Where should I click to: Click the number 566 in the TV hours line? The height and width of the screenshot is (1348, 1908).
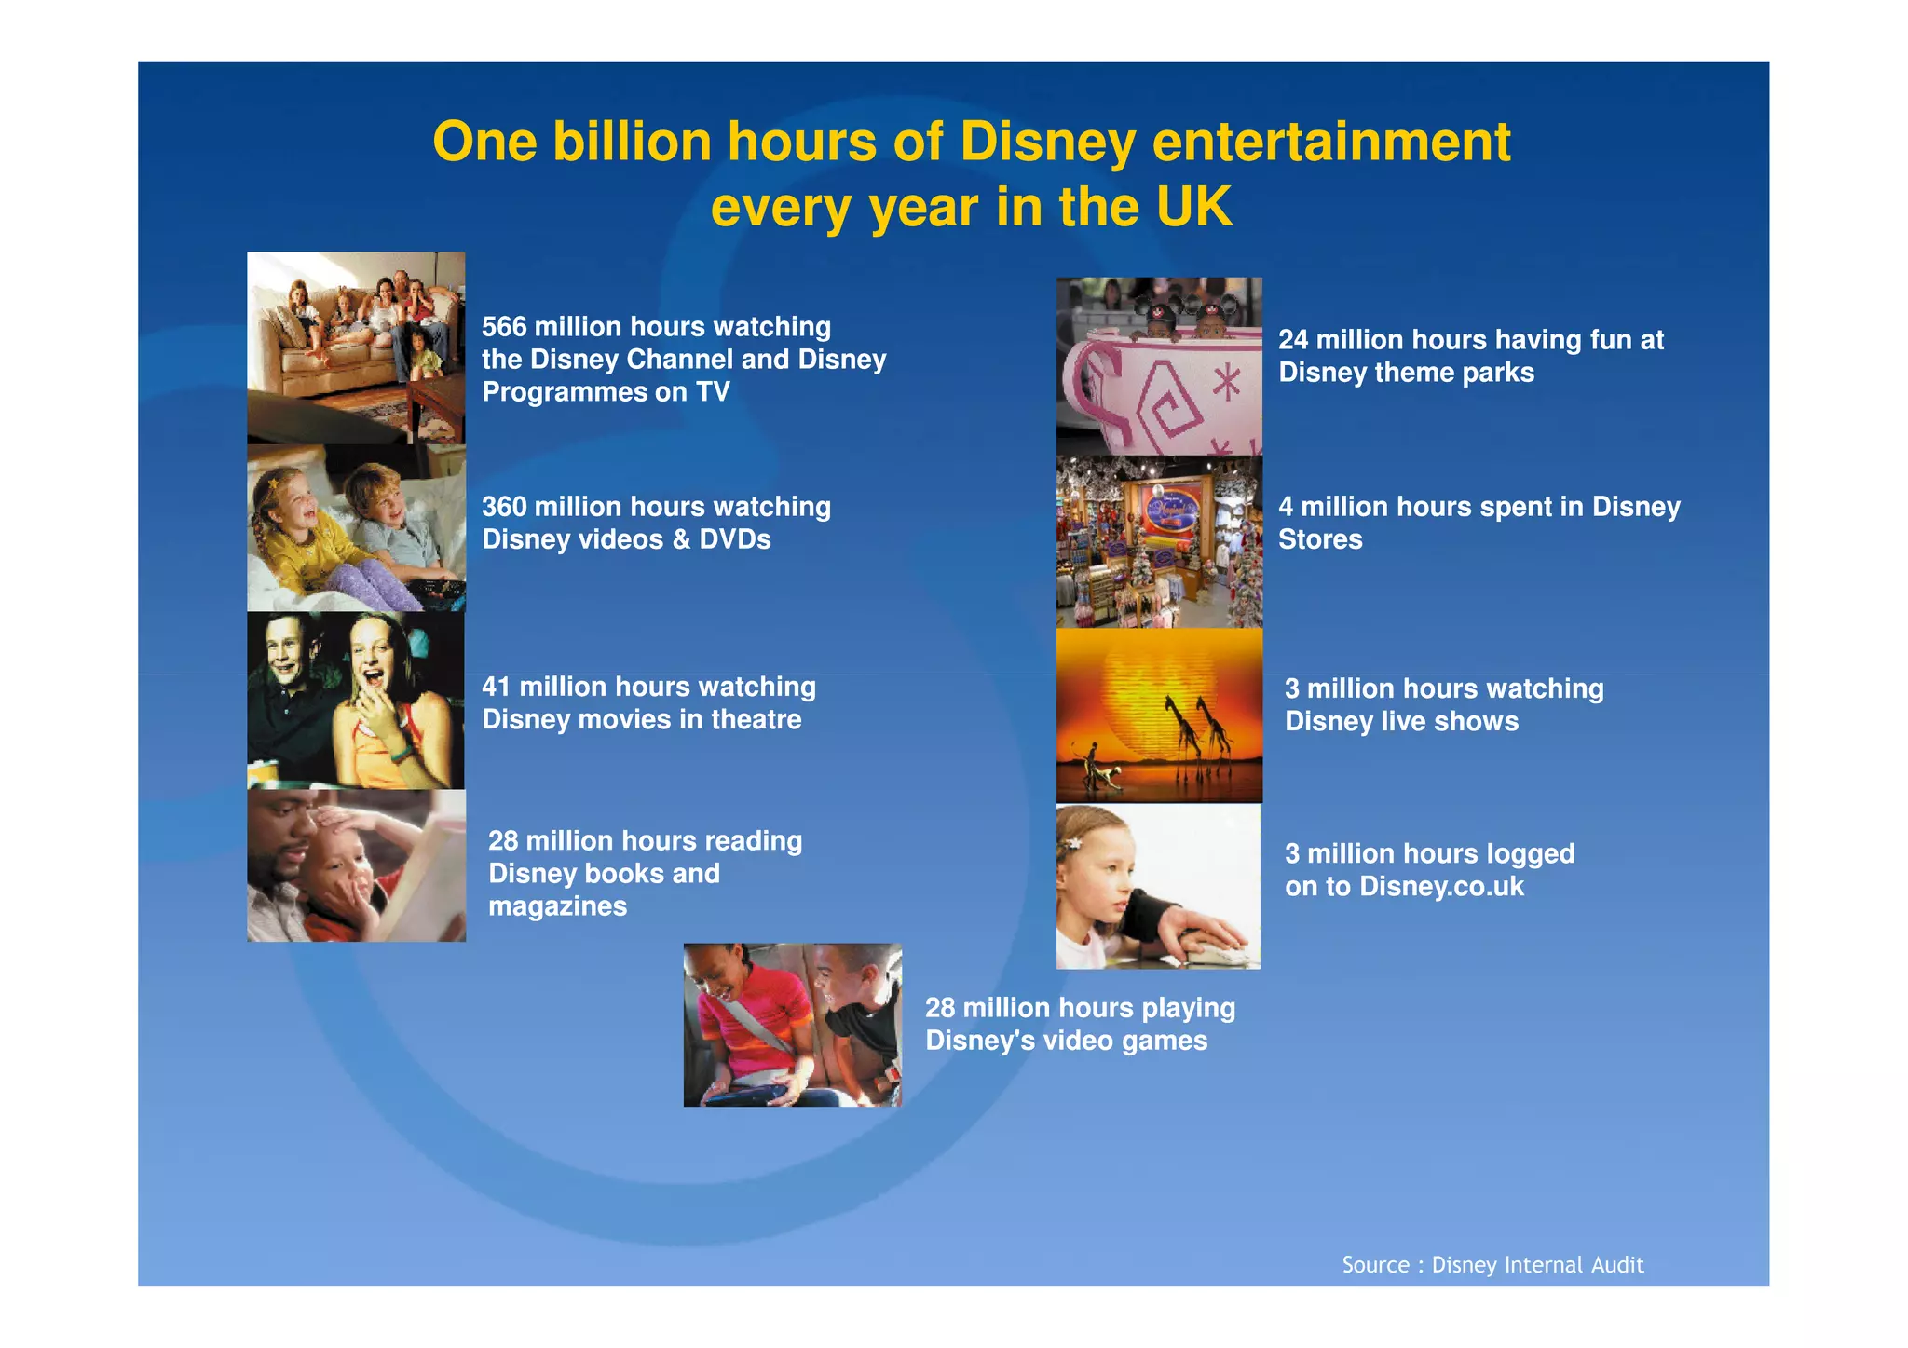click(504, 327)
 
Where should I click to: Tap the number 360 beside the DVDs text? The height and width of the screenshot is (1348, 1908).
click(504, 507)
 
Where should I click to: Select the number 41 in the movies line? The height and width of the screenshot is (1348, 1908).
click(496, 688)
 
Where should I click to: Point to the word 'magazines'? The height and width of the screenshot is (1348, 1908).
click(557, 906)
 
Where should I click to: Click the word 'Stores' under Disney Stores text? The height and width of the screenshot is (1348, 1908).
click(1319, 539)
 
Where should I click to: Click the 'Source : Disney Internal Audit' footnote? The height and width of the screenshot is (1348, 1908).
click(1492, 1264)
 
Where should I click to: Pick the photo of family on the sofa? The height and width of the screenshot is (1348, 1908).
click(355, 347)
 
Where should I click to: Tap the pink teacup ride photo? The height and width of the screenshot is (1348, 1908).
click(1158, 366)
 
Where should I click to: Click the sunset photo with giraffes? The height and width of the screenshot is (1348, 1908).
click(1158, 715)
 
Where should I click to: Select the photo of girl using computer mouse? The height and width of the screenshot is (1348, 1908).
click(1157, 886)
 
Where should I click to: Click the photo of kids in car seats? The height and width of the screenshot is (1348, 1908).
click(792, 1025)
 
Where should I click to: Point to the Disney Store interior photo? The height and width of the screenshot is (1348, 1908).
click(1158, 541)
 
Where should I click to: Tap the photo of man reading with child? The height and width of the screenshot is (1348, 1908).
click(355, 865)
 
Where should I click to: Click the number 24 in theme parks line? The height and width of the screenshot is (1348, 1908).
click(1292, 340)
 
